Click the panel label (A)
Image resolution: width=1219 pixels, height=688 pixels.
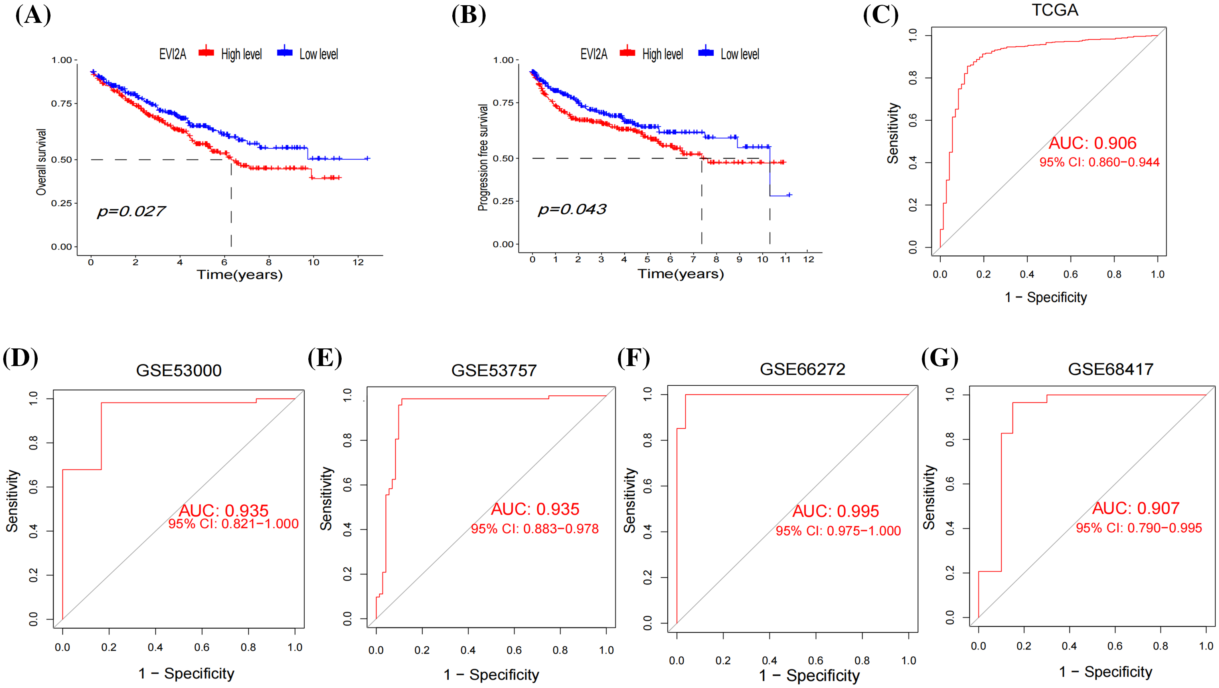(x=33, y=15)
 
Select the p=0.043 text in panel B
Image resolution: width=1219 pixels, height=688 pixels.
(x=572, y=209)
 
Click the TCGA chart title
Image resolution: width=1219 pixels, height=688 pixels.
(x=1055, y=10)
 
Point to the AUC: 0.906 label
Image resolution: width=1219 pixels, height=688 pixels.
(x=1092, y=143)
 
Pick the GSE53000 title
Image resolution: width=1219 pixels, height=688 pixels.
(x=179, y=370)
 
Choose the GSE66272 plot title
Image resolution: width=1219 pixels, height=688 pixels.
(x=802, y=369)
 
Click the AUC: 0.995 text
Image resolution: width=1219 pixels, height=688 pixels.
(x=836, y=511)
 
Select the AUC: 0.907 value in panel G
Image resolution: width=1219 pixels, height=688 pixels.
(x=1136, y=508)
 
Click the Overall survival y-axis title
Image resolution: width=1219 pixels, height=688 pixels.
(x=42, y=162)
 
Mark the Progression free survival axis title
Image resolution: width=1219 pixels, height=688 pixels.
(x=483, y=157)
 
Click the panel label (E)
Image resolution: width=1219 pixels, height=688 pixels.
(x=325, y=358)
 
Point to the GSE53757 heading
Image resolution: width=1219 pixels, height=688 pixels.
(x=494, y=370)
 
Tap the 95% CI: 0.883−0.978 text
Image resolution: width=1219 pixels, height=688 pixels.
(x=535, y=529)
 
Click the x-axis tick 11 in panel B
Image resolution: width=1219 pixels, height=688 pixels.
(x=786, y=259)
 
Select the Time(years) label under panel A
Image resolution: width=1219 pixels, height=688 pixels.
(x=239, y=275)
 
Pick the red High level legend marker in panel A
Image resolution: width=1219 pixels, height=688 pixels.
(x=207, y=52)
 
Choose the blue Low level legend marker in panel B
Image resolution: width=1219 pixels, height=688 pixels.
(x=706, y=52)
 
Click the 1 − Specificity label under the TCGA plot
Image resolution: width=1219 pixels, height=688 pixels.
(x=1046, y=297)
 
